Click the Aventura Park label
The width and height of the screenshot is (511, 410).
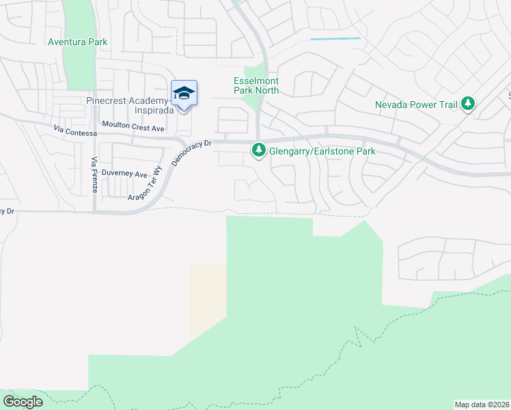pos(77,42)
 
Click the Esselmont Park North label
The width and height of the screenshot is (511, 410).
pos(256,85)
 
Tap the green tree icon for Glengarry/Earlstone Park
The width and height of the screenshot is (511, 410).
pos(259,150)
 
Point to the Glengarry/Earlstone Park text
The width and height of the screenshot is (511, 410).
pos(322,150)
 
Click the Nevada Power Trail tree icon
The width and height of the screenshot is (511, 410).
pos(468,105)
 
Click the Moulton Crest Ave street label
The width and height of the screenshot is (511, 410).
pos(133,127)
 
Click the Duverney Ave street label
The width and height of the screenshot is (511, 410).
pos(124,174)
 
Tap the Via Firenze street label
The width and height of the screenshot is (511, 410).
pos(95,174)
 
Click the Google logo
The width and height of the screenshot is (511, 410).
pos(23,401)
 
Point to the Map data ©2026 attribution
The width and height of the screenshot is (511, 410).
pos(482,404)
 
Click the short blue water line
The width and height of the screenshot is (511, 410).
pos(335,39)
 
